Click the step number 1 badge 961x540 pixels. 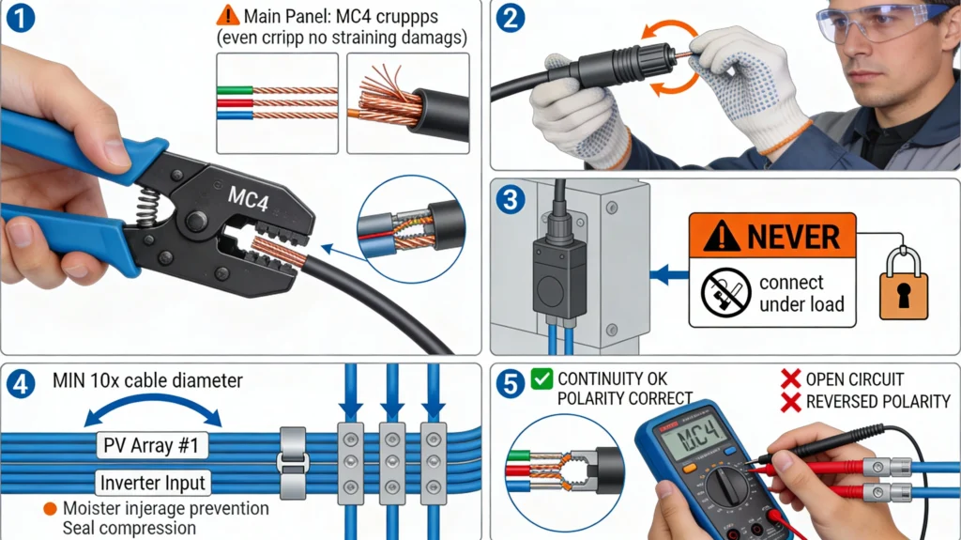pos(20,19)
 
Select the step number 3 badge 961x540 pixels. pos(511,198)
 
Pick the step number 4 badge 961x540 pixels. pos(20,384)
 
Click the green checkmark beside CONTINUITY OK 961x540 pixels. pos(542,379)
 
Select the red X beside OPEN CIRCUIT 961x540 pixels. pos(790,379)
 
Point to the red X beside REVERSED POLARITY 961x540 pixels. pos(790,402)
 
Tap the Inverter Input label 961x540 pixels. pos(154,485)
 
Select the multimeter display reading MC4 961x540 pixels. pos(694,437)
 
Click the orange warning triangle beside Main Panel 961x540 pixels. pos(228,16)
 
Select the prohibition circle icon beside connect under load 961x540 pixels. pos(725,293)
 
